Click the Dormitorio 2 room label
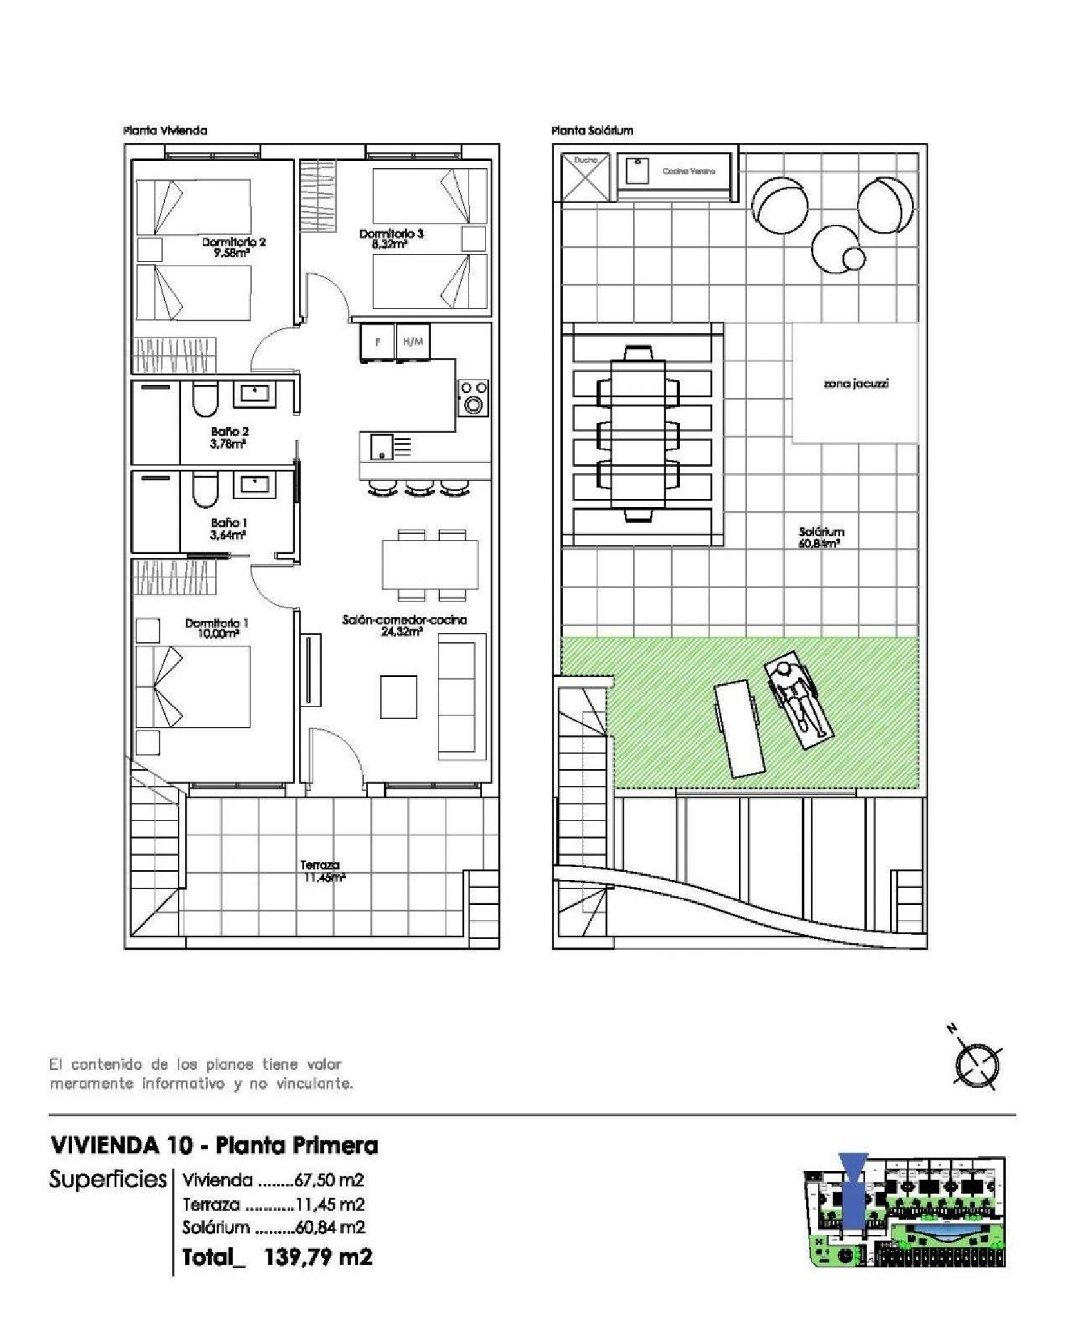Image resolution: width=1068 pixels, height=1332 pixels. coord(234,242)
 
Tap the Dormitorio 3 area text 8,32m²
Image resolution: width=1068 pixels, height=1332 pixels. coord(389,244)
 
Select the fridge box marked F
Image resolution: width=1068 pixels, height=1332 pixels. coord(377,342)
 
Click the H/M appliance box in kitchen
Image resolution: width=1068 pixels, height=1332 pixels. coord(413,342)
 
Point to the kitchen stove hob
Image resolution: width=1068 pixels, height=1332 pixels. coord(473,398)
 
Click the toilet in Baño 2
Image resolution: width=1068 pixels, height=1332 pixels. coord(205,400)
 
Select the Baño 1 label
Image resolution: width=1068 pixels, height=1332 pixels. coord(229,523)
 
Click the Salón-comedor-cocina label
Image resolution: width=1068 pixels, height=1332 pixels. coord(404,620)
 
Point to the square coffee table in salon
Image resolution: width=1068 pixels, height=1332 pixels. coord(398,697)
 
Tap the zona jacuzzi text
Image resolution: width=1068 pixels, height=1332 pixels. coord(855,384)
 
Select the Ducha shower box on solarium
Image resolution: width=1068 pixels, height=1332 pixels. coord(585,176)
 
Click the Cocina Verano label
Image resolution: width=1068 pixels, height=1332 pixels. coord(688,172)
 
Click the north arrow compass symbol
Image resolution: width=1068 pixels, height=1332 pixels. coord(976,1064)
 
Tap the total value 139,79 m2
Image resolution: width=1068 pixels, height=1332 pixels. coord(318,1257)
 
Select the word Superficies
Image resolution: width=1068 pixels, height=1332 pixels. coord(107,1180)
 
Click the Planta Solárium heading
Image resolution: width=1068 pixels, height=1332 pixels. coord(592,130)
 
